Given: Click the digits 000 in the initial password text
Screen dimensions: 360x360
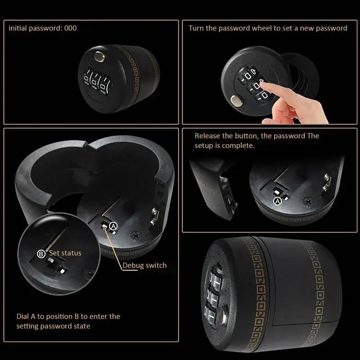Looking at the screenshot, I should pos(70,28).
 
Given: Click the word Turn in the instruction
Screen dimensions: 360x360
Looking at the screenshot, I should pos(197,28).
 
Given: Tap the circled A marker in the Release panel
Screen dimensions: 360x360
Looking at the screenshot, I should pos(277,201).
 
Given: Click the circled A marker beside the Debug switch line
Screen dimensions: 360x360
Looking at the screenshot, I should pos(113,225).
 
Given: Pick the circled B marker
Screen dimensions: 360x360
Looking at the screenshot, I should pos(41,254).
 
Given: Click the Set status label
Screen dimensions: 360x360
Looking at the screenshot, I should pos(65,253).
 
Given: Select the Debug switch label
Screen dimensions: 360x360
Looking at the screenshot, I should pos(144,265).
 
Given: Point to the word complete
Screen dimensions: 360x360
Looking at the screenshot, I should pos(241,146).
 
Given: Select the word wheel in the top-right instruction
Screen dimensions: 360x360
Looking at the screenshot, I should pos(274,28).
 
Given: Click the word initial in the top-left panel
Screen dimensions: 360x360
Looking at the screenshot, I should pos(19,28).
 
